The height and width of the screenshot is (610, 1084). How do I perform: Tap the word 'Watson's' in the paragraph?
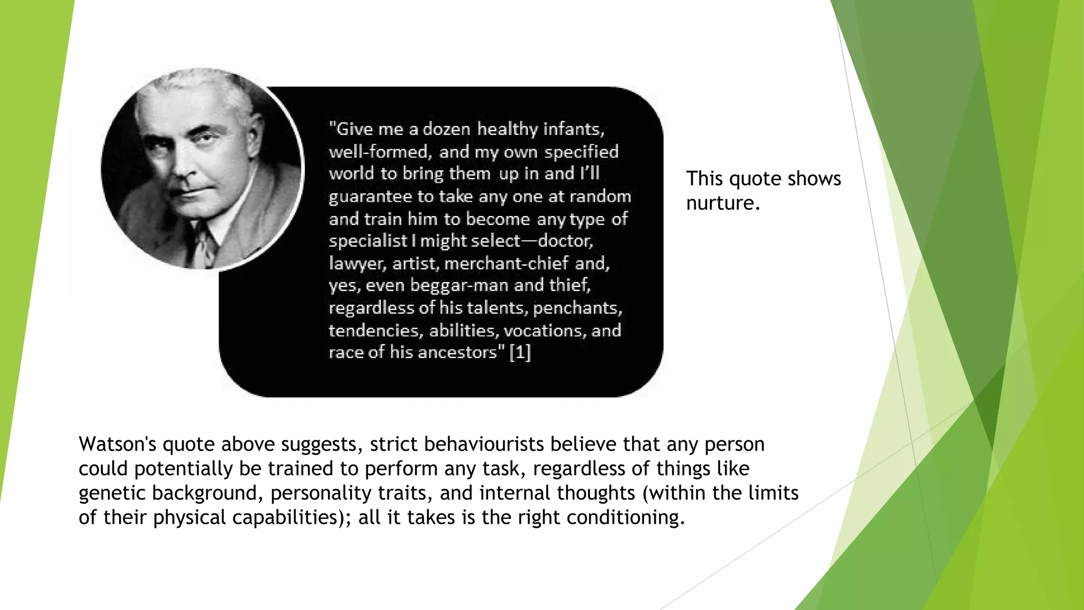point(117,444)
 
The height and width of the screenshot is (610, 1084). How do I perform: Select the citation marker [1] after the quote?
point(520,352)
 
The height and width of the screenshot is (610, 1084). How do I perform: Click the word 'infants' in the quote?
point(573,129)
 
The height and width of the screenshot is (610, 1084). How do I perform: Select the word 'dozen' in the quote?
point(446,129)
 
